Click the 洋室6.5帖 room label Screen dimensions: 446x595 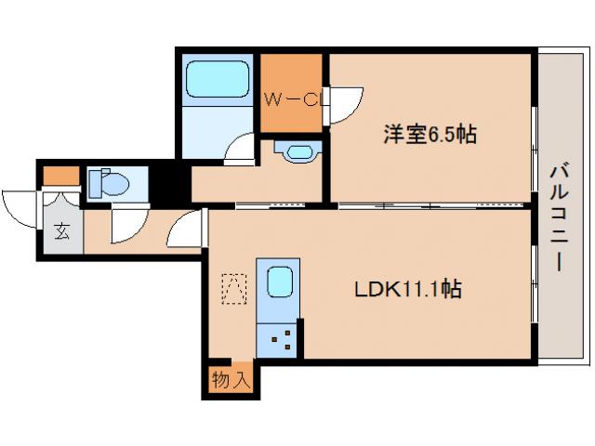tap(430, 136)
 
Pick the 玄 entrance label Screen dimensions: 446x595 tap(61, 231)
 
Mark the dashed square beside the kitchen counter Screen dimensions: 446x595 tap(233, 288)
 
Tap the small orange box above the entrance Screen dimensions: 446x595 tap(61, 175)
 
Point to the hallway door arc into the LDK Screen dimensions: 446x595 tap(188, 226)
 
